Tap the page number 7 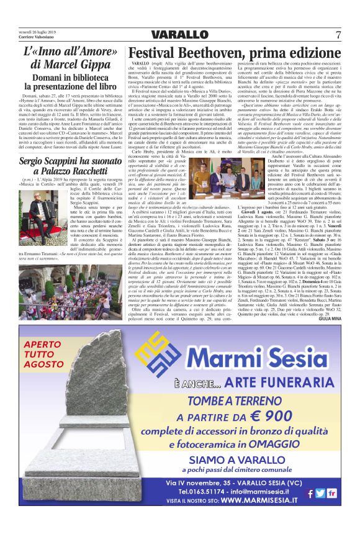tap(338, 34)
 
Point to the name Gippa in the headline tap(92, 64)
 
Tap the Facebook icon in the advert tap(309, 494)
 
